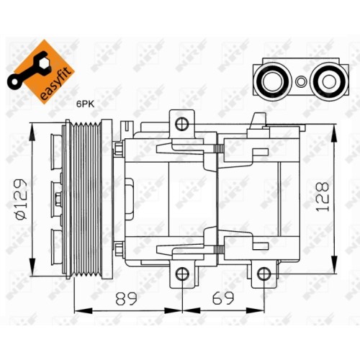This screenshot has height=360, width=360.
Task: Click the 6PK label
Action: click(x=85, y=104)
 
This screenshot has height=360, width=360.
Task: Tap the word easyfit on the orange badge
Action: click(x=56, y=84)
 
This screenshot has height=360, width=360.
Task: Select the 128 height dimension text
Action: click(x=322, y=197)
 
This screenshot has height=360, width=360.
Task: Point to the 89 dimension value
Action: click(x=126, y=298)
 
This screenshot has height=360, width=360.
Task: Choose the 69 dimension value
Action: click(x=222, y=298)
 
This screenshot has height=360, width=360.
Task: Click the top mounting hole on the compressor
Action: click(x=181, y=124)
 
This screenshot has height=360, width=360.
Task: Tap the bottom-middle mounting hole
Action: click(x=182, y=274)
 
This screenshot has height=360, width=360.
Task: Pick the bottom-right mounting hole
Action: click(x=264, y=274)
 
